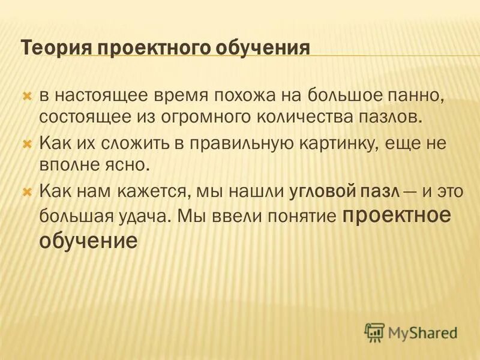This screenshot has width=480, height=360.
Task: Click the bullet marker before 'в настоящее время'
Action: coord(26,95)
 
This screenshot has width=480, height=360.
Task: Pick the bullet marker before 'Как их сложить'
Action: coord(26,144)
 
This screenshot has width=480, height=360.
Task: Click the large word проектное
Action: coord(396,215)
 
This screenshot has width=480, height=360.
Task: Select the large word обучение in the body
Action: coord(88,241)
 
